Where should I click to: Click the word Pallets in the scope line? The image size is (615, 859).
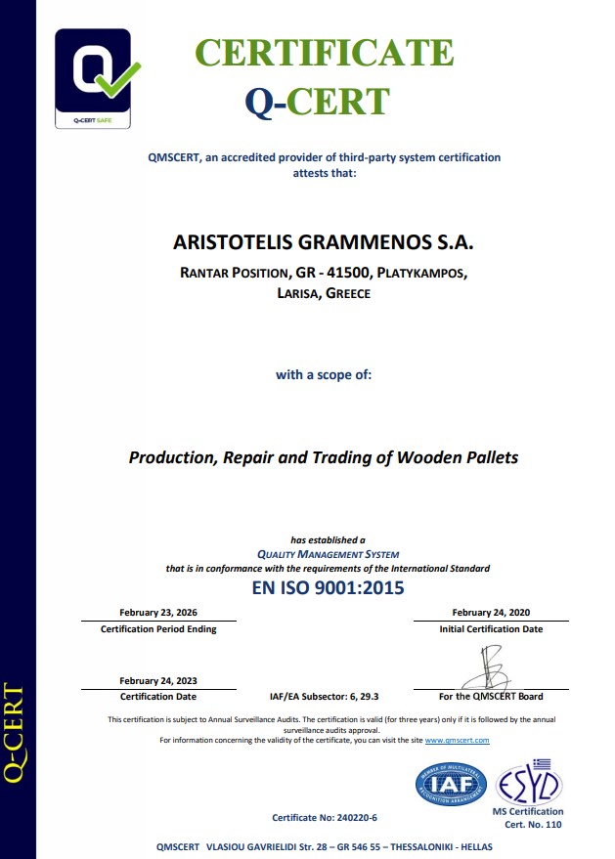tap(485, 457)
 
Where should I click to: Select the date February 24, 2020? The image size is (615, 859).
tap(491, 612)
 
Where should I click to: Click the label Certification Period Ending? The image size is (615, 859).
tap(158, 629)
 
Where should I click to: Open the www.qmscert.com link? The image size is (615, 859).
tap(457, 741)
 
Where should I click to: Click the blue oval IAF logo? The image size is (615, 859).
tap(451, 785)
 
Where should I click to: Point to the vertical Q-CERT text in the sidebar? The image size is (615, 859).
tap(14, 733)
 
